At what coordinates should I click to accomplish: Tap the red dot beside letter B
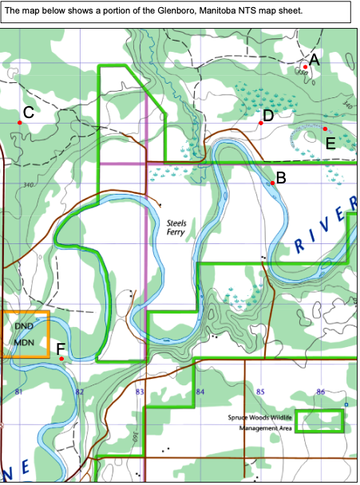(x=273, y=183)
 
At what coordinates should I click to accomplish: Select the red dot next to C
(x=20, y=122)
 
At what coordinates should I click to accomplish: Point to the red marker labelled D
(x=261, y=123)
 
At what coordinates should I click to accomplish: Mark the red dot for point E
(x=325, y=128)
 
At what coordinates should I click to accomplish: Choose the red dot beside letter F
(x=61, y=359)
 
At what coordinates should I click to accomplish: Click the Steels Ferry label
(x=176, y=230)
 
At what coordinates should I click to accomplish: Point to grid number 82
(x=79, y=392)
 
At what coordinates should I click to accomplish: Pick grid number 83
(x=140, y=392)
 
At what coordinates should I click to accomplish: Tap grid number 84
(x=200, y=392)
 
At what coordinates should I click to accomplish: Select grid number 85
(x=260, y=392)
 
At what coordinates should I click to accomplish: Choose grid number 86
(x=320, y=392)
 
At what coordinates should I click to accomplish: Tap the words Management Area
(x=266, y=428)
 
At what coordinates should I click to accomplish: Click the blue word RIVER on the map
(x=323, y=231)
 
